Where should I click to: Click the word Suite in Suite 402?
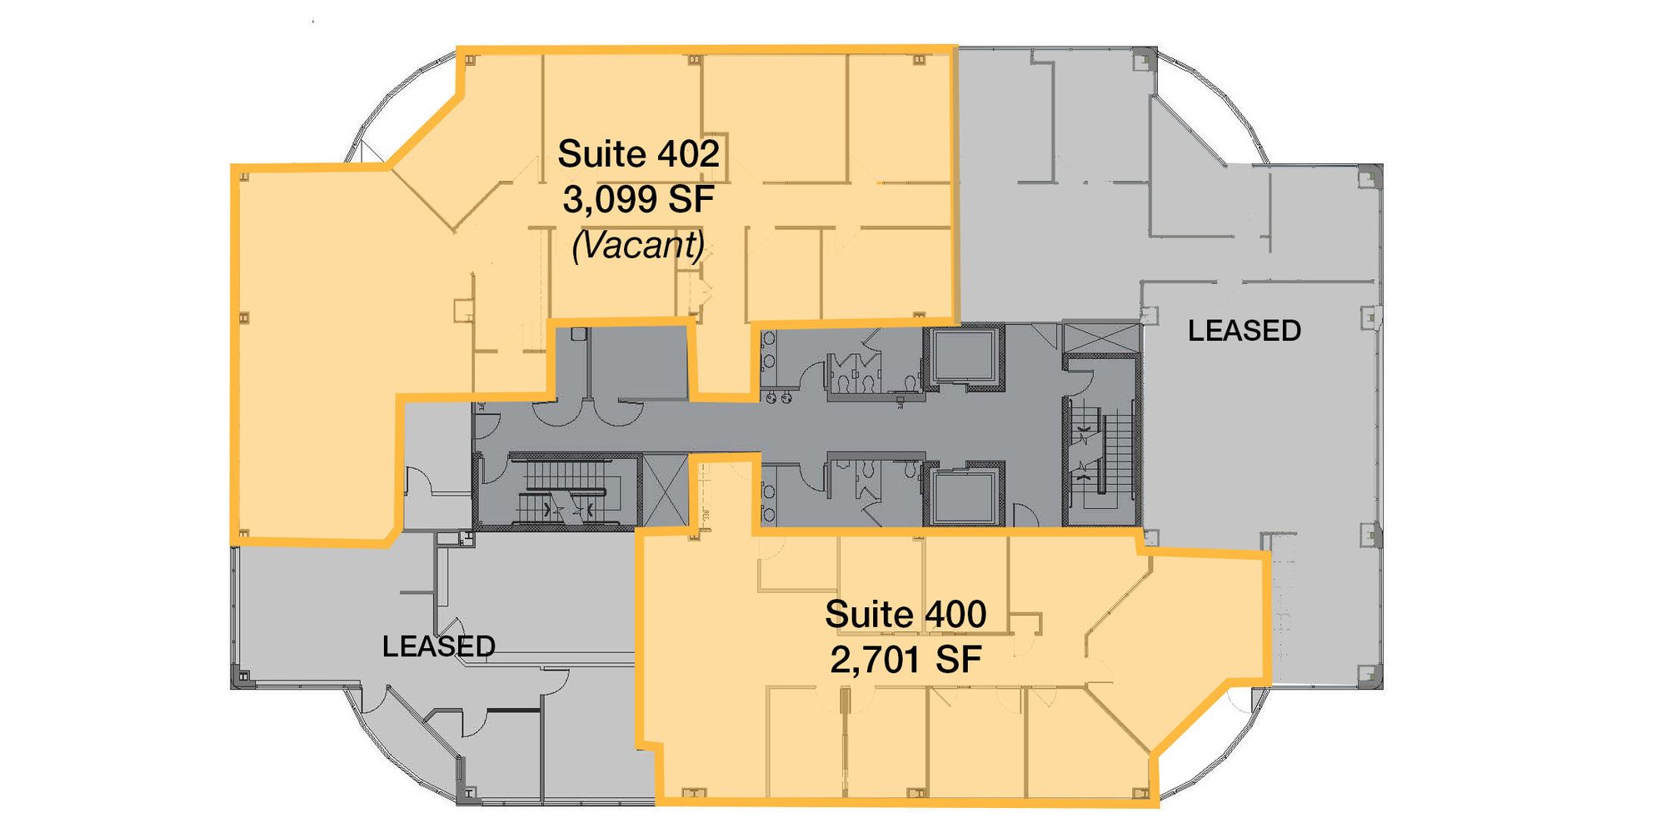point(602,154)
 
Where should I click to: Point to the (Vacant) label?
point(639,245)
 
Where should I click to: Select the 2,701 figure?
point(875,661)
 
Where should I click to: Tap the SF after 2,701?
point(958,660)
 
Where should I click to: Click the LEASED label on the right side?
point(1245,331)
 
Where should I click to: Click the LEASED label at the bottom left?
point(439,646)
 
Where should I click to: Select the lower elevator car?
point(963,497)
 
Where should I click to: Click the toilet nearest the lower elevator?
point(910,471)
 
